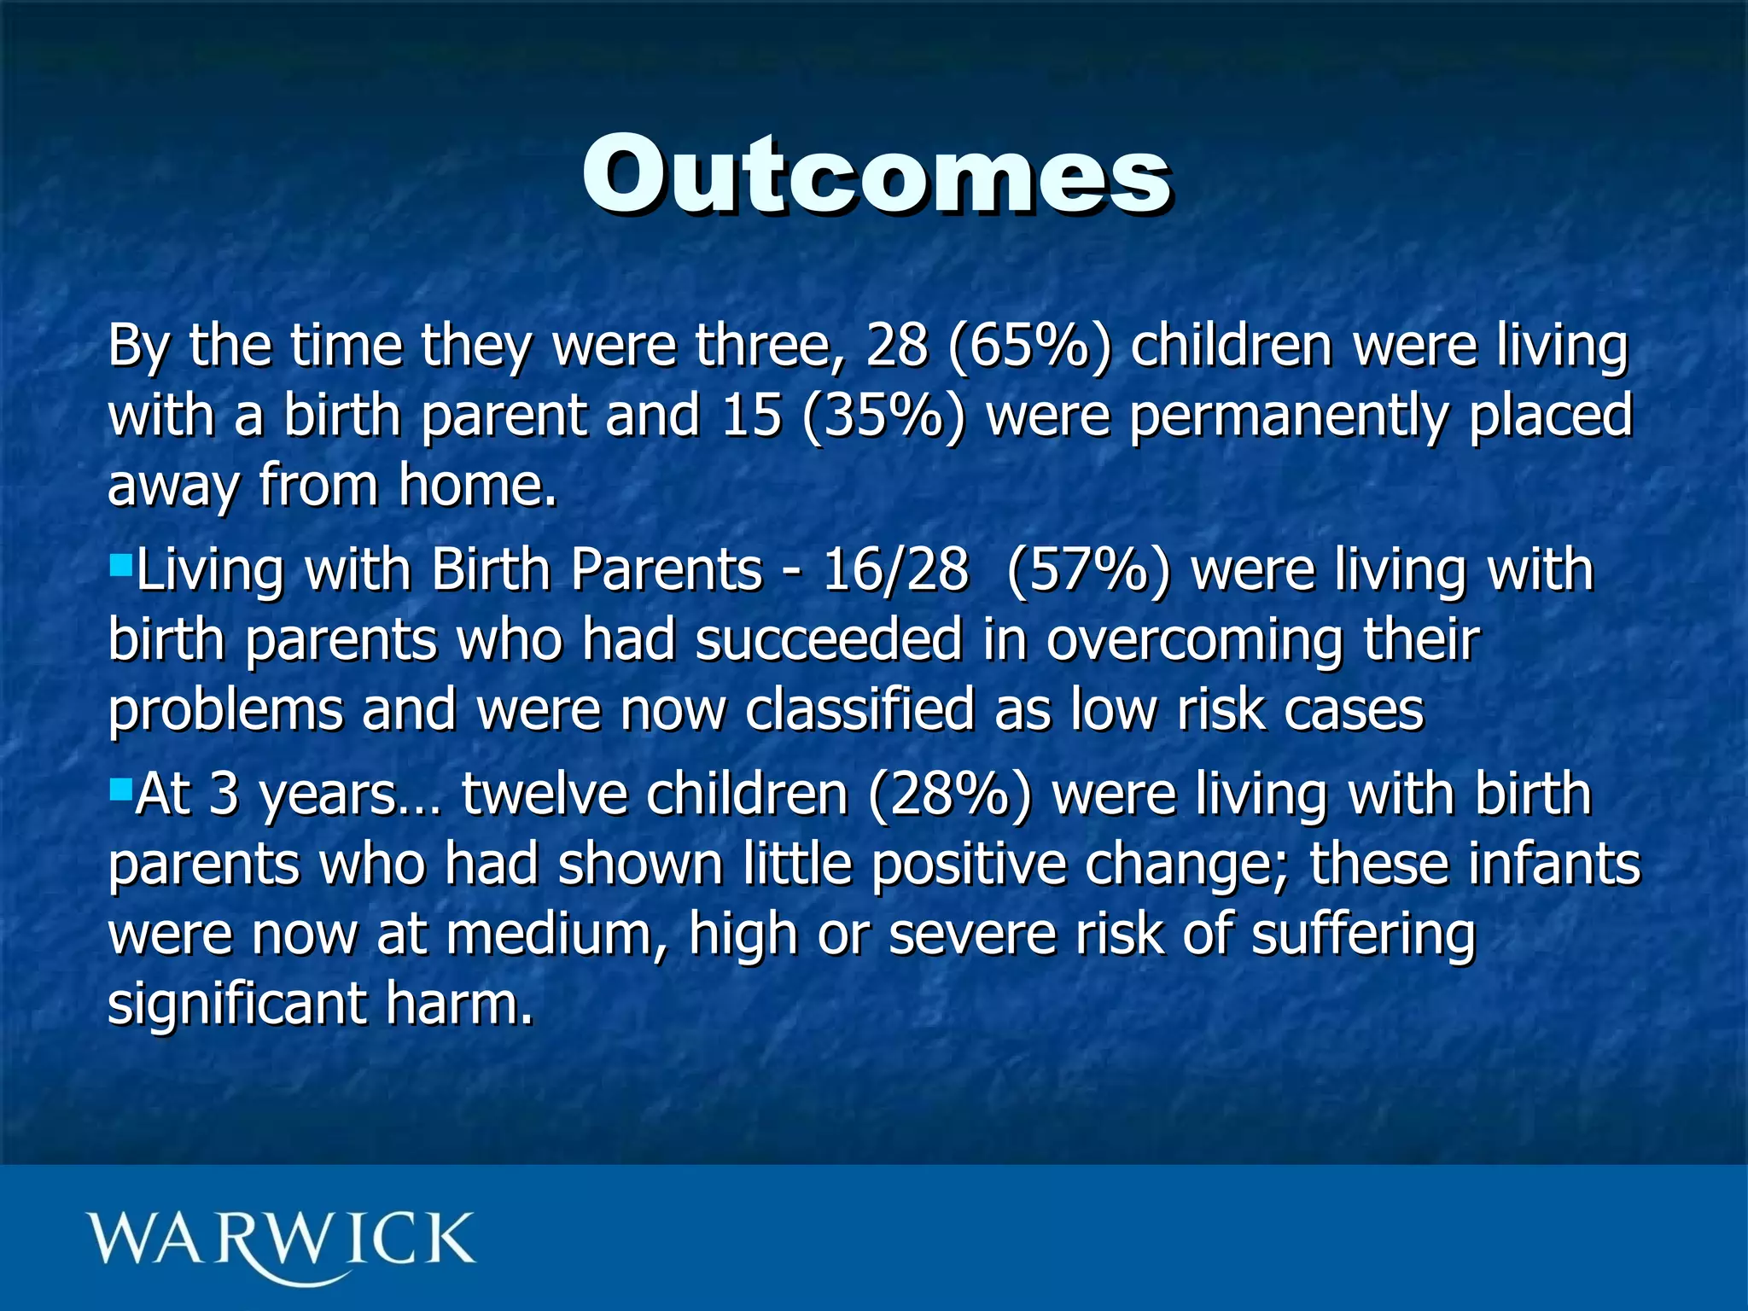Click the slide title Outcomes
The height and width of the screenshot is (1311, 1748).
point(877,175)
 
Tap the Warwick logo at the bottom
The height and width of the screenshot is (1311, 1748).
point(280,1242)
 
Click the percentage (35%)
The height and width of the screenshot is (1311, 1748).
point(884,417)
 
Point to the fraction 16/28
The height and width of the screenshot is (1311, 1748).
point(895,570)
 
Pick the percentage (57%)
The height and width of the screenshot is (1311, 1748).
point(1088,570)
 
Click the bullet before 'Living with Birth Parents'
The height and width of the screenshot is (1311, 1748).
point(121,563)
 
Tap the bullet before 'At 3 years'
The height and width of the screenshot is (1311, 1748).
point(121,782)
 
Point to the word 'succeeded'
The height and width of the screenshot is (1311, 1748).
point(829,640)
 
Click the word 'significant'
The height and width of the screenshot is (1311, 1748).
point(236,1005)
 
